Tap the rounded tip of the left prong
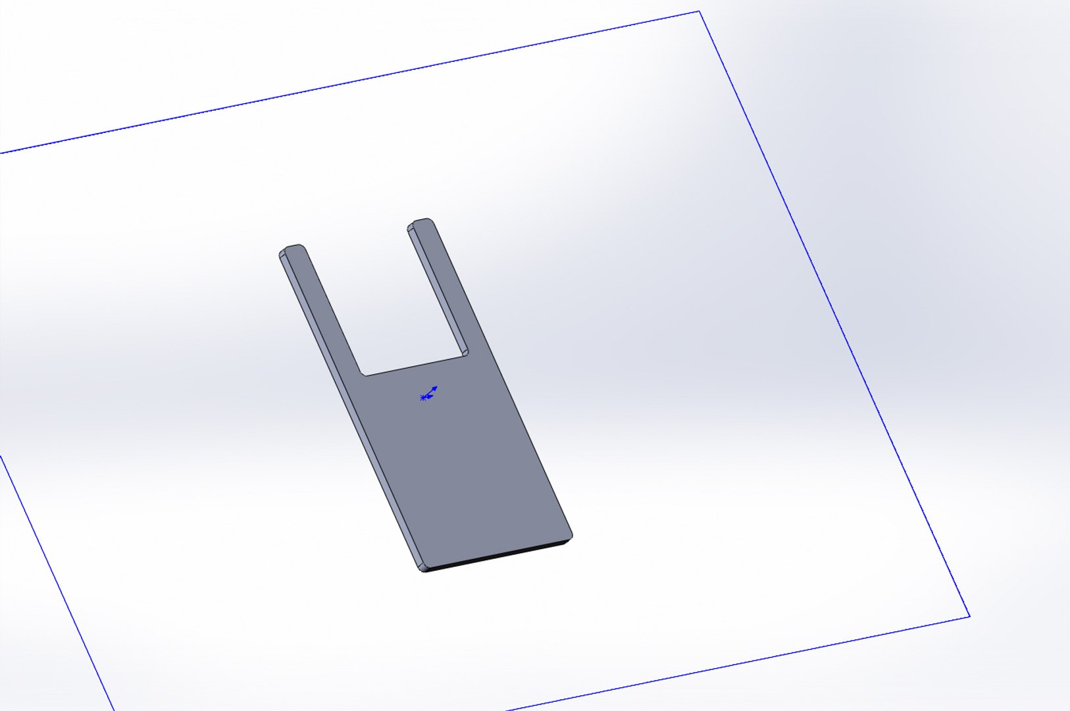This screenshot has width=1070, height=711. (293, 248)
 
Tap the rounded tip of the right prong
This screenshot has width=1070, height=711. (421, 222)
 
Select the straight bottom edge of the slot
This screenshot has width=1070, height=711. (415, 367)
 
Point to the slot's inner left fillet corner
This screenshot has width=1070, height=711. (363, 373)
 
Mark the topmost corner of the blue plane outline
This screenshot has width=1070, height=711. (699, 12)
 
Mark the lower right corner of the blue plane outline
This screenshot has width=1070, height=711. (969, 616)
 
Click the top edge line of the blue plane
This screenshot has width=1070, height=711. (349, 83)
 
